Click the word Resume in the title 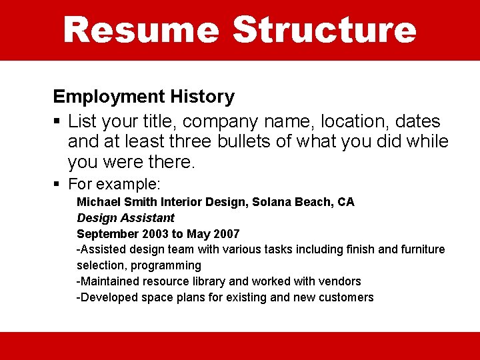141,30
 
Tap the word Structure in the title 324,30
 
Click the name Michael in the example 98,202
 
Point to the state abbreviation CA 346,202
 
